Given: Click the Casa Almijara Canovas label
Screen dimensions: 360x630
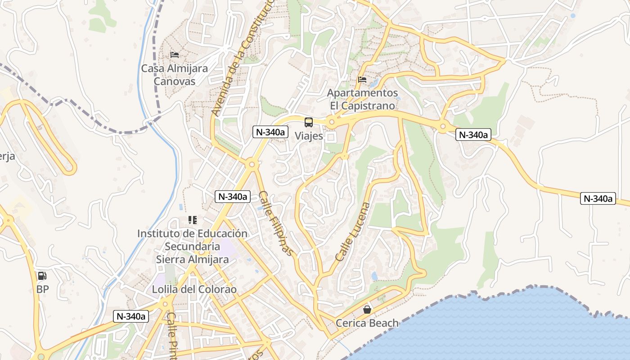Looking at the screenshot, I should (x=175, y=75).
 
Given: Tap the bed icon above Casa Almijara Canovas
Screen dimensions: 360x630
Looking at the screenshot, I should (x=175, y=55).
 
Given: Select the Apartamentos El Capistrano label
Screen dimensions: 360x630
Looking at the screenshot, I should (x=362, y=99).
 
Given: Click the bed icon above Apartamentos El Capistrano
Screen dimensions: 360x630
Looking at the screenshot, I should (x=362, y=80).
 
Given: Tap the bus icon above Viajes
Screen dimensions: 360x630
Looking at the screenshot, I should (x=309, y=122).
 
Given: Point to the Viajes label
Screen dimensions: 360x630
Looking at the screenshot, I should (x=309, y=135).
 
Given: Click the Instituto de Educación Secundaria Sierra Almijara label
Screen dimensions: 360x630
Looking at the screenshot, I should (x=192, y=246).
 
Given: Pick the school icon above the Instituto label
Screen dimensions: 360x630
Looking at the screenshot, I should (x=193, y=220).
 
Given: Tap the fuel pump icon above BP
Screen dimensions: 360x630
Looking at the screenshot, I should (x=42, y=276).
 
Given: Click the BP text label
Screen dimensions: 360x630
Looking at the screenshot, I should (x=42, y=289).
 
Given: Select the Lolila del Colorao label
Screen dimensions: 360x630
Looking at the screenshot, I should (x=194, y=289).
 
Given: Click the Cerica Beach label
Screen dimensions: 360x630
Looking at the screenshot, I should (x=367, y=323).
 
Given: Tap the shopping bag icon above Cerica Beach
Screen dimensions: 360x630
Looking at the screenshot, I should (x=367, y=310).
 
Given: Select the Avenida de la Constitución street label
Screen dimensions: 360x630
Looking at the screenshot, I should (x=243, y=58).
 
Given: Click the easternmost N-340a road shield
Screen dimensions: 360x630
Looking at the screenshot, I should (x=598, y=198).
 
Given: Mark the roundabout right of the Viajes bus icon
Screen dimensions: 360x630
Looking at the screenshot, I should (x=332, y=121).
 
